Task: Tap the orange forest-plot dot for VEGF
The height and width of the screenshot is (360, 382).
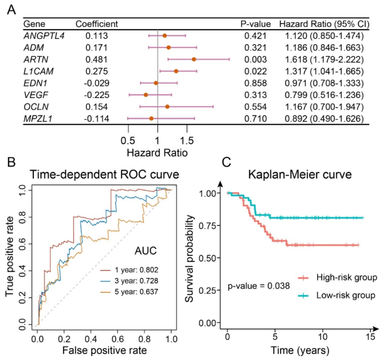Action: (146, 95)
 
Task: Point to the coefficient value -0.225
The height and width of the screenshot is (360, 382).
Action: (98, 95)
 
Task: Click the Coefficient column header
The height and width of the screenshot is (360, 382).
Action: (96, 23)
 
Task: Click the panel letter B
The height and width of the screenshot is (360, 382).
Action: (11, 163)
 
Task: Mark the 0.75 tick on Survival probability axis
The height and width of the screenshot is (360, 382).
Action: (209, 226)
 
